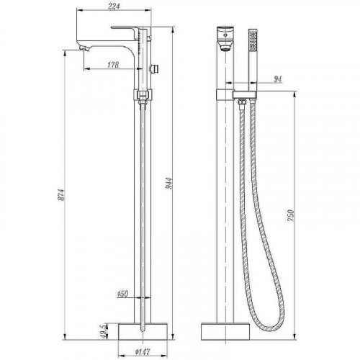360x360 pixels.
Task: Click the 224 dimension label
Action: tap(114, 6)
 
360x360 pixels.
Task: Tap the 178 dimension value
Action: tap(113, 65)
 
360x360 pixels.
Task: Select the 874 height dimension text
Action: tap(62, 195)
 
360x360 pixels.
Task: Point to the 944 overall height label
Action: tap(169, 184)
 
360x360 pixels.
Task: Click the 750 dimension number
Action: tap(291, 216)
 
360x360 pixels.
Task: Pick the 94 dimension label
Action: tap(278, 79)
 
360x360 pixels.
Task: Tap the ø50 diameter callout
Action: tap(123, 294)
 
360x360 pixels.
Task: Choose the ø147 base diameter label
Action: tap(143, 352)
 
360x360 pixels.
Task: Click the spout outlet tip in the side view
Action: tap(84, 49)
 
